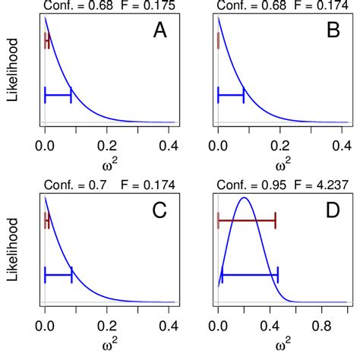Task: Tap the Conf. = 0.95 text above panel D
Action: [241, 185]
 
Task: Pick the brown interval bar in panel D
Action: [246, 221]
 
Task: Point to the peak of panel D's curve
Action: [244, 198]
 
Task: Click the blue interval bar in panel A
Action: [58, 95]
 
